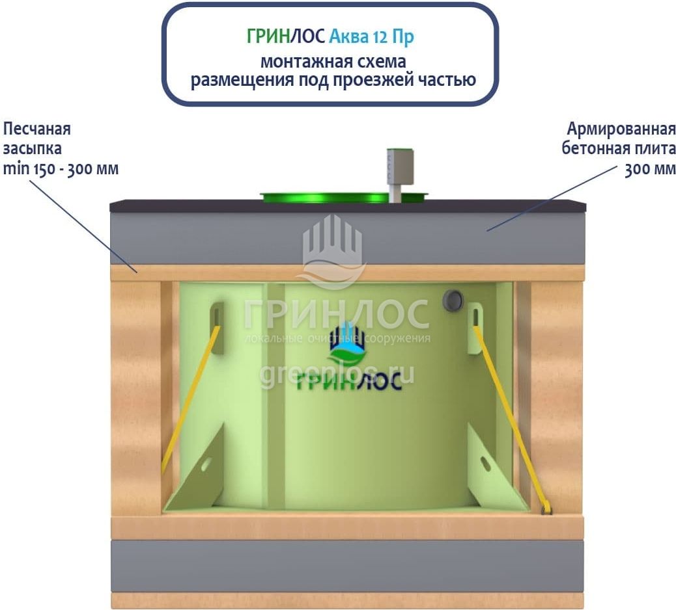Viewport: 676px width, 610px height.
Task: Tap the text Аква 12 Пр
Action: click(371, 37)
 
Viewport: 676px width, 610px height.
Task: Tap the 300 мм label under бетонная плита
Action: click(649, 169)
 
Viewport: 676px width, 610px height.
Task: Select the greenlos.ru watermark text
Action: click(337, 375)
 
